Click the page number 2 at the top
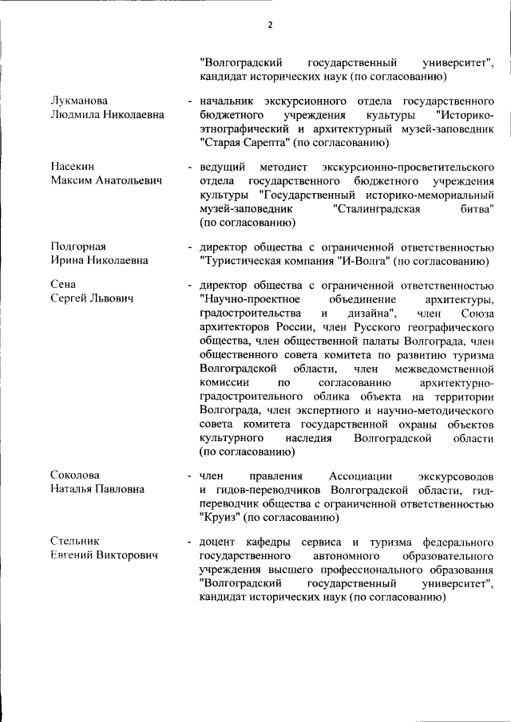click(x=270, y=25)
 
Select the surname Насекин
click(x=73, y=167)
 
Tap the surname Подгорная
click(x=78, y=247)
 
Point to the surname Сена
click(x=63, y=285)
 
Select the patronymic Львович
click(x=108, y=299)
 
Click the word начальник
click(x=232, y=101)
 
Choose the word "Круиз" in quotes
click(x=220, y=518)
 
